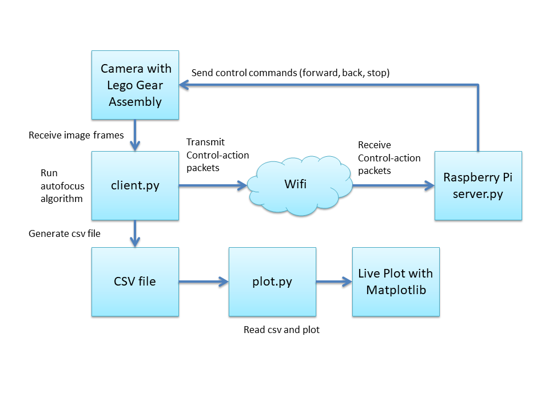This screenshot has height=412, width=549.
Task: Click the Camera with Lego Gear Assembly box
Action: [135, 85]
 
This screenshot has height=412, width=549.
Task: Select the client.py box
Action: [135, 185]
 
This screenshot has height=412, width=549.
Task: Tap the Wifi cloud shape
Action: [300, 185]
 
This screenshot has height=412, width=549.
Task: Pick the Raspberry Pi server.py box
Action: [478, 185]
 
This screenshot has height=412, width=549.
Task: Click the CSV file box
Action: [135, 282]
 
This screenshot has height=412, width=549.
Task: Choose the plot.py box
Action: [272, 282]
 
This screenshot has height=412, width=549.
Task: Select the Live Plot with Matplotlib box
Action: [396, 282]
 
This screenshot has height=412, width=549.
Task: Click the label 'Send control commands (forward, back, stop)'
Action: [291, 73]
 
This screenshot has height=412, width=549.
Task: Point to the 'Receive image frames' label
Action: [76, 135]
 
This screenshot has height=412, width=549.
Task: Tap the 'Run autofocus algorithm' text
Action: [62, 186]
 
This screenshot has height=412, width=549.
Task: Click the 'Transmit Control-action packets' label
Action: [217, 155]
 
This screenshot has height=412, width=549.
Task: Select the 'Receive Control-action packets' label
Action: [389, 158]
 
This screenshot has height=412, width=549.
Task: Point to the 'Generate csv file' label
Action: [65, 233]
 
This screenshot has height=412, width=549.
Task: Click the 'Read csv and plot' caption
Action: [281, 330]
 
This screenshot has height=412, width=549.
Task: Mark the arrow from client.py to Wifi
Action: [213, 185]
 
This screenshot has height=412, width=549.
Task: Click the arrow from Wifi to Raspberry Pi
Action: [393, 185]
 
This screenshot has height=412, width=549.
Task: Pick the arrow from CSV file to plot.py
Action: [204, 282]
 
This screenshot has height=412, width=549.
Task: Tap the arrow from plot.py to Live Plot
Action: [335, 282]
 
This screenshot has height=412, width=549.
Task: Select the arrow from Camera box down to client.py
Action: [135, 135]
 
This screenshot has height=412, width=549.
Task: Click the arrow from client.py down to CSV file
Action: [135, 234]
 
